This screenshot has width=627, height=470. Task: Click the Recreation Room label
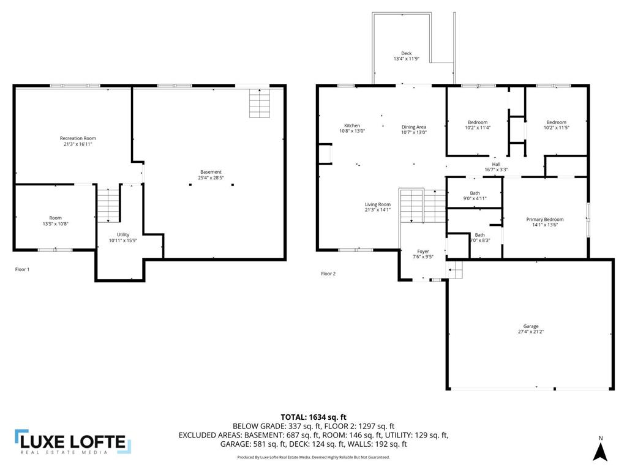(x=78, y=138)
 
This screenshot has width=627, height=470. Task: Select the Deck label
(x=406, y=53)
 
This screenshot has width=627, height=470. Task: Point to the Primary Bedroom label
(x=545, y=219)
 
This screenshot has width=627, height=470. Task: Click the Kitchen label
(x=352, y=125)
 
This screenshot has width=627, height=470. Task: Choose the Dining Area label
(x=414, y=127)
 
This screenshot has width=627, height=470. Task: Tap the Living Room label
(x=378, y=204)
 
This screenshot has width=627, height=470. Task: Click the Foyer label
(x=423, y=252)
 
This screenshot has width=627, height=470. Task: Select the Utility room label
(x=124, y=234)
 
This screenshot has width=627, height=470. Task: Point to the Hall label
(x=496, y=163)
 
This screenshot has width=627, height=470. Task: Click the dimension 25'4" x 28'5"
(x=211, y=178)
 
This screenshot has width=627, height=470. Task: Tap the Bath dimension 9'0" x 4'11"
(x=475, y=199)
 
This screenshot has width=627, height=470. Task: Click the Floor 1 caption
(x=22, y=269)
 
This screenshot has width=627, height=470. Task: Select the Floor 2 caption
(x=329, y=274)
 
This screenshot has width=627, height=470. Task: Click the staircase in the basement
(x=259, y=103)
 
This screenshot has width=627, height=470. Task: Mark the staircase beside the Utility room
(x=108, y=205)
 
